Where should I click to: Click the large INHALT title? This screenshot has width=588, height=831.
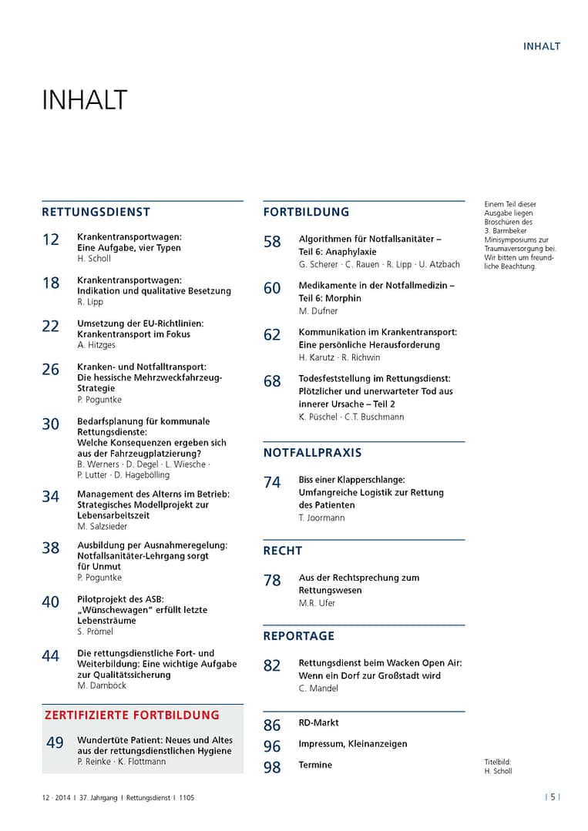[84, 101]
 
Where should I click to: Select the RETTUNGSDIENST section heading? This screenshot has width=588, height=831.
[96, 212]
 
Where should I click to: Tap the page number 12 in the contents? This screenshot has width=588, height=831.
[50, 240]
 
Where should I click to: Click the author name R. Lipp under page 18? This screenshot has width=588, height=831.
[89, 302]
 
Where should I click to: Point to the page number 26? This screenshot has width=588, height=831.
[50, 370]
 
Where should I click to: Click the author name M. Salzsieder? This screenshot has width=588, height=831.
[102, 526]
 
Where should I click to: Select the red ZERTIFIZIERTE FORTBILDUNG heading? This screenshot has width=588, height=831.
[132, 715]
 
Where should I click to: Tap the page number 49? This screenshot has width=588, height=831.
[55, 743]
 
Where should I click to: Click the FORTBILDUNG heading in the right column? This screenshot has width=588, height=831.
[306, 212]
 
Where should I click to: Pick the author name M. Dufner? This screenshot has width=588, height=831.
[319, 310]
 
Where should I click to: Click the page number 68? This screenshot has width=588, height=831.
[272, 381]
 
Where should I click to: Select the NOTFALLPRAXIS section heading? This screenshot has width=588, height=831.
[312, 452]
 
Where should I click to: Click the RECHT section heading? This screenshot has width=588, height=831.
[283, 551]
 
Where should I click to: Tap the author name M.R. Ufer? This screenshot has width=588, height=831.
[317, 603]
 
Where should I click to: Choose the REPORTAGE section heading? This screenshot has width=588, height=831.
[299, 635]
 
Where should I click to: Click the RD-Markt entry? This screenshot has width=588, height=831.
[318, 722]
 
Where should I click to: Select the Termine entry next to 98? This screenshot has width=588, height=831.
[315, 765]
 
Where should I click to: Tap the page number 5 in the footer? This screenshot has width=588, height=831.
[553, 798]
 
